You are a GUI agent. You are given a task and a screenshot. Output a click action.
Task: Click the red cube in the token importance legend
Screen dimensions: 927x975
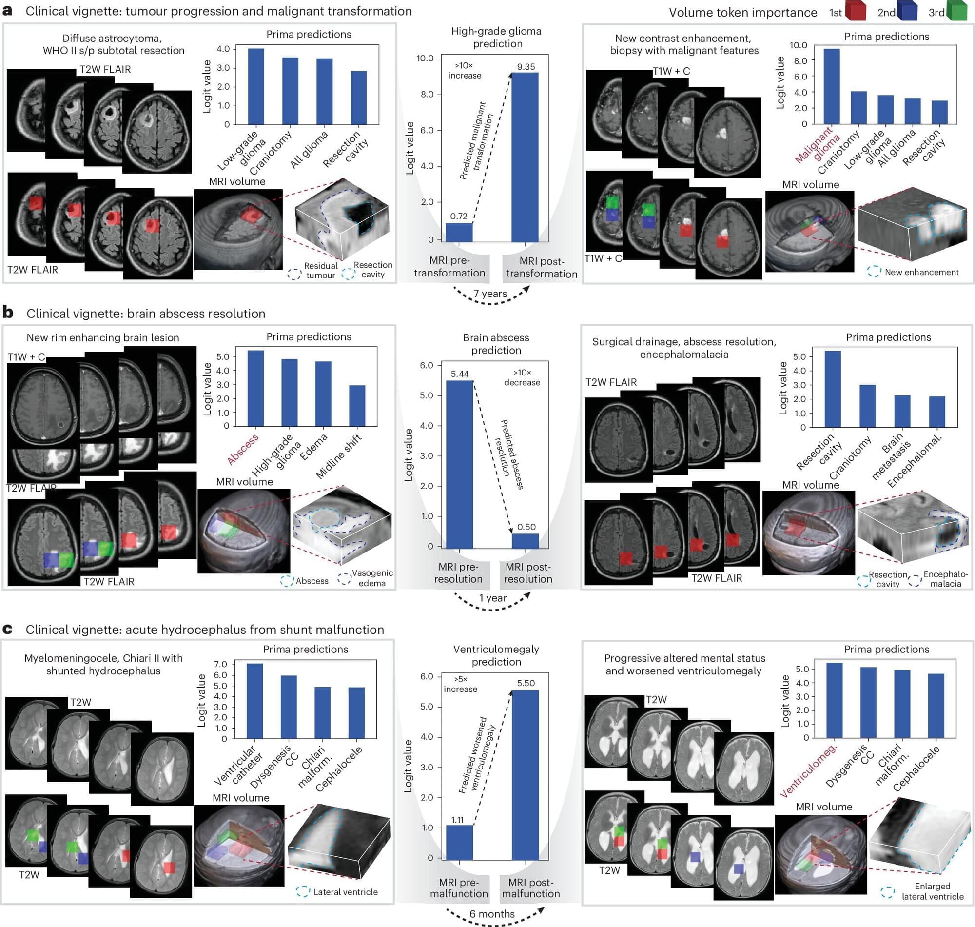(856, 11)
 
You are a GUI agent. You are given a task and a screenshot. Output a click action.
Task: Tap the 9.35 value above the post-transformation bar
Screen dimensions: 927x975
(526, 67)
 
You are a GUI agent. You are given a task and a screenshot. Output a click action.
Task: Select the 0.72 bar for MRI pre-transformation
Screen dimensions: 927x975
(459, 232)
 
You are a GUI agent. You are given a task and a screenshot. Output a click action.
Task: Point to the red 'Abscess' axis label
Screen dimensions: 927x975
(242, 449)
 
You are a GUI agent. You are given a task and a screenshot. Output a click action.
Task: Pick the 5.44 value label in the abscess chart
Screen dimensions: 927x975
(459, 374)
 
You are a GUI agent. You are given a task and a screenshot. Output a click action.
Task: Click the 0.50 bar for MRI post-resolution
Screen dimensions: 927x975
(525, 541)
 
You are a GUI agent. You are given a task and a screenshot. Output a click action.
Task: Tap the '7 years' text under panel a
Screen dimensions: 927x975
(490, 294)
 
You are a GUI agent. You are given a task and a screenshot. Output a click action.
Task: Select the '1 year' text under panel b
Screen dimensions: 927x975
(492, 598)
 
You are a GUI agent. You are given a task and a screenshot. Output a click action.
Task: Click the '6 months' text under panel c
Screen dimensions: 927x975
(492, 914)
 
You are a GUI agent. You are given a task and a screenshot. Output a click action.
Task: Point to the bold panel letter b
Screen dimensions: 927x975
(8, 313)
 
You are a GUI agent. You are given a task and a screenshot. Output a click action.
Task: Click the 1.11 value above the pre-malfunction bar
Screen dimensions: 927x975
(457, 820)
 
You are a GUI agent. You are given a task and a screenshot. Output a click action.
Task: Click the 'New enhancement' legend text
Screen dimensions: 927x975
(922, 272)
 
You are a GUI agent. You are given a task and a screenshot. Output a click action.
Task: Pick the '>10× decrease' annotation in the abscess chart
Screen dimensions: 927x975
(522, 377)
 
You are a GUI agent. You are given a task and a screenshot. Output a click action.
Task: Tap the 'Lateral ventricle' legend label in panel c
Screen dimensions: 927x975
(345, 892)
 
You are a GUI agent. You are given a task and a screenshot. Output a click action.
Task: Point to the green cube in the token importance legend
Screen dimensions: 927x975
(957, 11)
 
